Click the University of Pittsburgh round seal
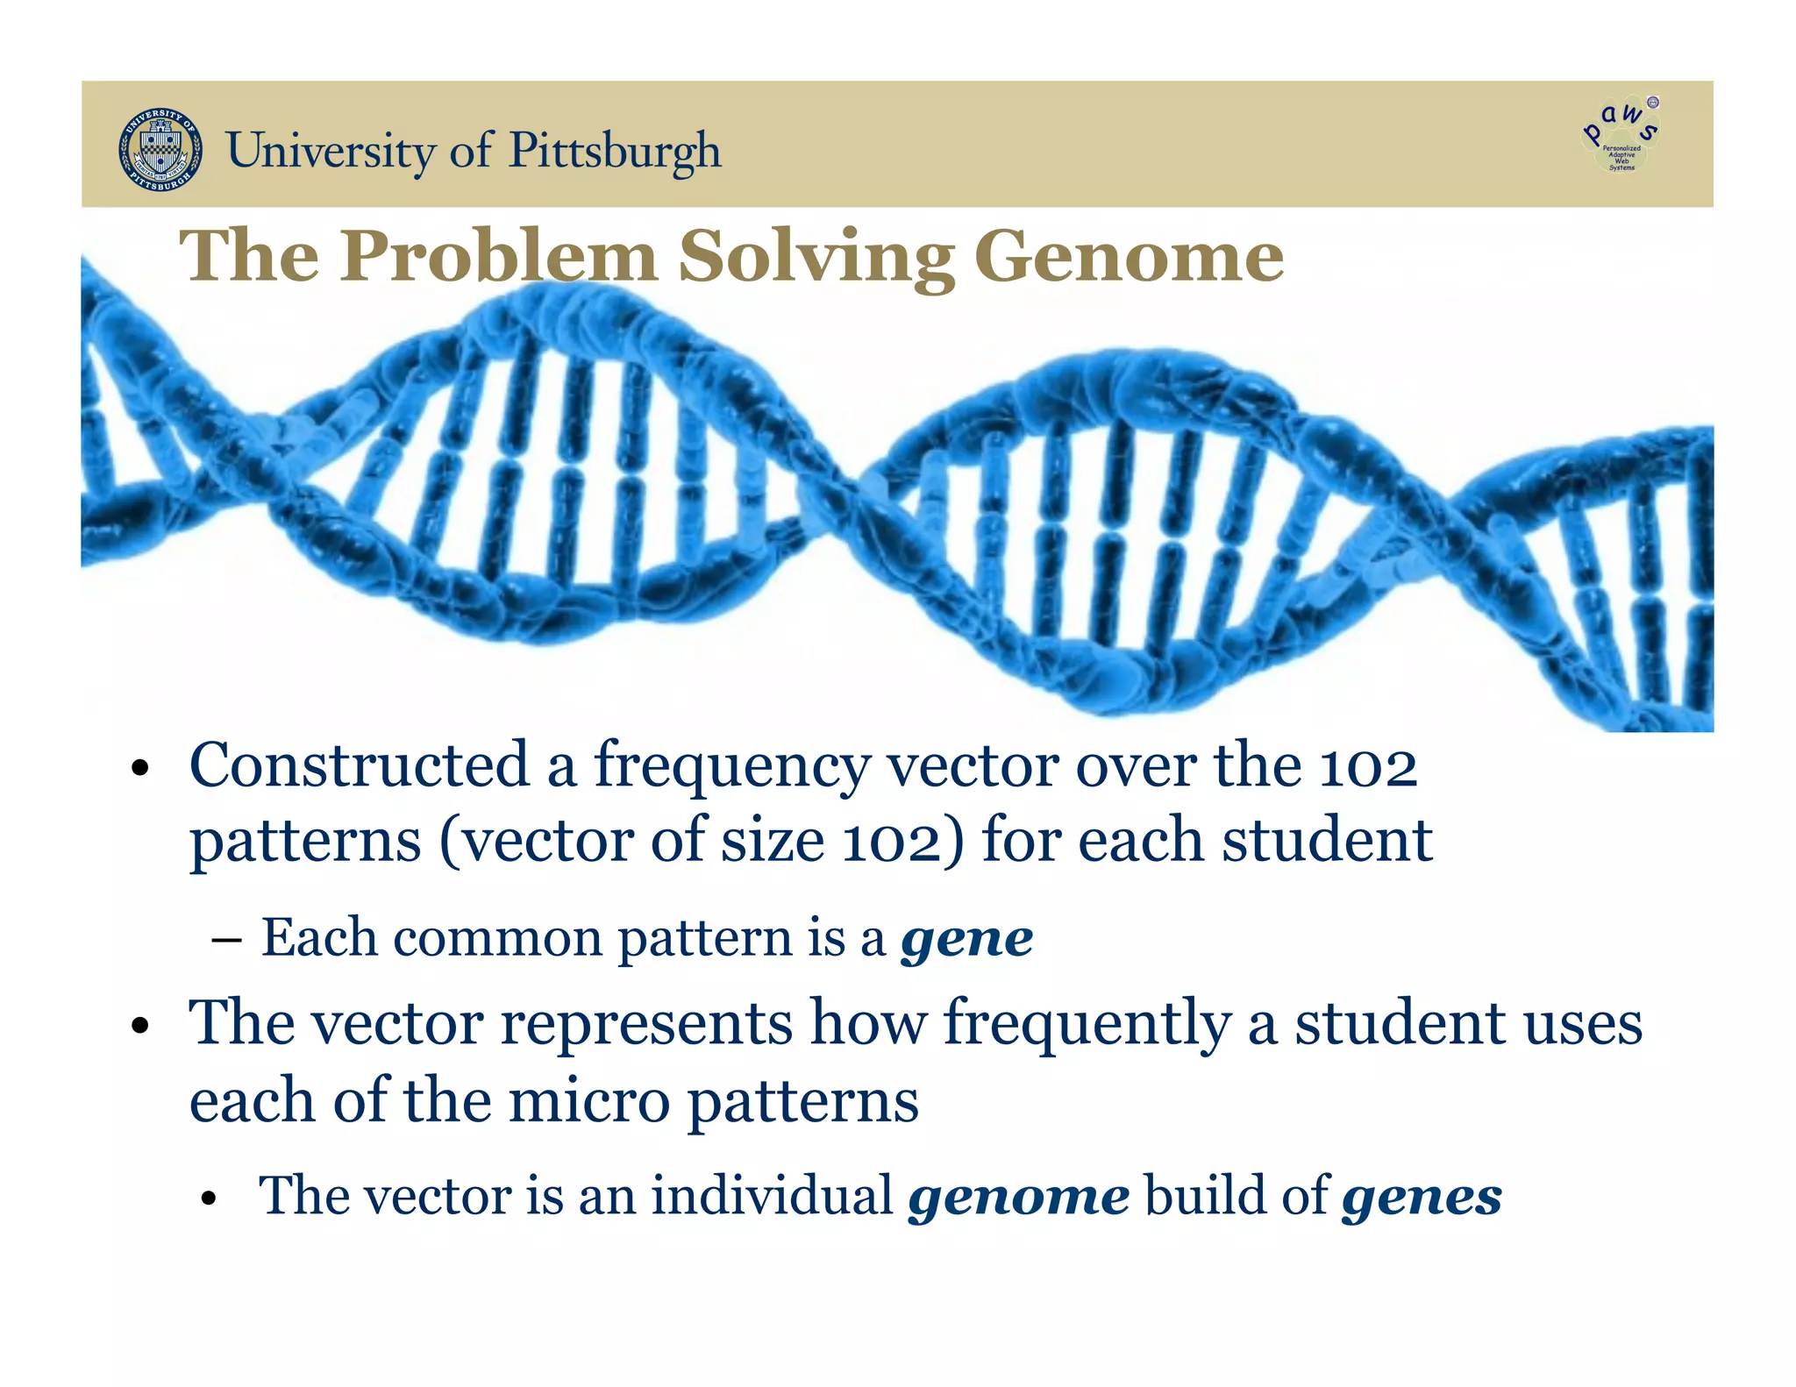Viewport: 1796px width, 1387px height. (x=160, y=150)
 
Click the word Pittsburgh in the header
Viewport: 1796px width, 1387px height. (x=615, y=151)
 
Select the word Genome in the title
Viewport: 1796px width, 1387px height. (x=1129, y=256)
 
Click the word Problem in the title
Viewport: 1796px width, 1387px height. (x=498, y=256)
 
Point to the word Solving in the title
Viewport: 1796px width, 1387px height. (x=816, y=256)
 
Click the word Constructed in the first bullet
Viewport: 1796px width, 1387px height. (x=360, y=765)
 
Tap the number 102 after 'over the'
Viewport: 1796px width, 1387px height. (x=1368, y=766)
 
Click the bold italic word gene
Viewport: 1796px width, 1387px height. (x=967, y=940)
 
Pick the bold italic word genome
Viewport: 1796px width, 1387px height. (x=1019, y=1197)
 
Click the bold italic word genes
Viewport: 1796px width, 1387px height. (x=1422, y=1197)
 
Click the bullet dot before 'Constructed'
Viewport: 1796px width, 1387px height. (x=139, y=770)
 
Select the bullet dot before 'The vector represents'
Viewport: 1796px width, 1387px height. (x=139, y=1026)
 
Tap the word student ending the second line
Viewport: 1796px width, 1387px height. (x=1328, y=841)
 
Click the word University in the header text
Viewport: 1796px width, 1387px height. (x=331, y=151)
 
